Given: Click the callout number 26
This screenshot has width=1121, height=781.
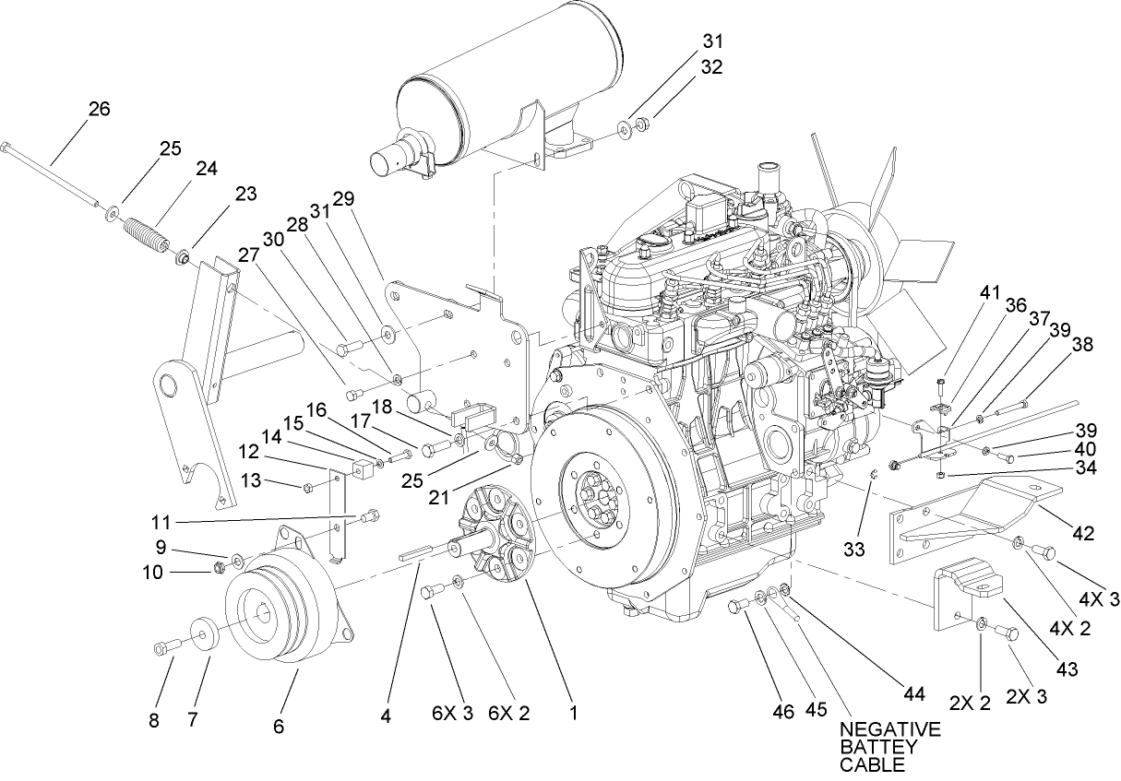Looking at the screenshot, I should click(99, 109).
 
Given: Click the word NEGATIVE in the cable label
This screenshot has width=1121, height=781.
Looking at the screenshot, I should click(889, 729).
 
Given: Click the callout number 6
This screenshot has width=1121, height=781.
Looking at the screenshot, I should click(278, 726).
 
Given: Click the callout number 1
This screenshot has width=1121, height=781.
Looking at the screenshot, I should click(573, 713).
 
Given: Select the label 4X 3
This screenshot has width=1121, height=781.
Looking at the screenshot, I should click(1098, 600).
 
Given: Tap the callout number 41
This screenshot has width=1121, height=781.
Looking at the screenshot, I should click(990, 292).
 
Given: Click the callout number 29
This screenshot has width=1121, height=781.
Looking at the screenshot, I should click(344, 198).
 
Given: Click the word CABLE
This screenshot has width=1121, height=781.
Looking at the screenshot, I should click(867, 764).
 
